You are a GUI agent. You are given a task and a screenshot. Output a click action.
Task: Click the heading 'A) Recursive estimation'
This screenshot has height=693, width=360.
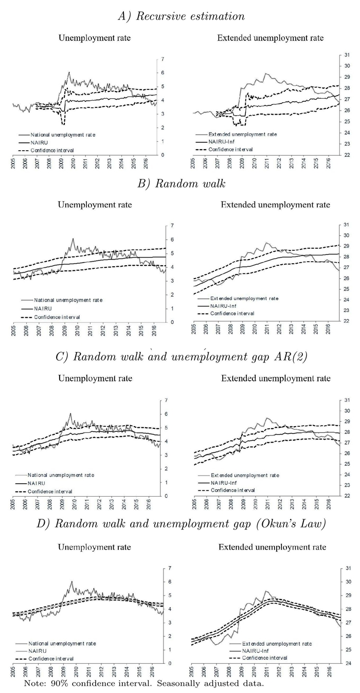tap(181, 16)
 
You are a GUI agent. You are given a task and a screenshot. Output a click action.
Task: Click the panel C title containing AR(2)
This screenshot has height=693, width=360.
tap(181, 357)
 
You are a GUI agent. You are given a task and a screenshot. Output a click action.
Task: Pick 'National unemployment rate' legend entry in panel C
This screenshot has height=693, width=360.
tap(61, 475)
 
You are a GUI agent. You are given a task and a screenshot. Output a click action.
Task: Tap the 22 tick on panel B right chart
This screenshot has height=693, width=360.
tap(347, 321)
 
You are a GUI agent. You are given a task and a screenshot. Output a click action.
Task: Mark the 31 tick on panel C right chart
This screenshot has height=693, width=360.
tap(347, 400)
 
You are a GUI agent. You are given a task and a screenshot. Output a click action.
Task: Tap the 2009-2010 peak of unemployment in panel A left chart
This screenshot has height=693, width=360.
tap(69, 72)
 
